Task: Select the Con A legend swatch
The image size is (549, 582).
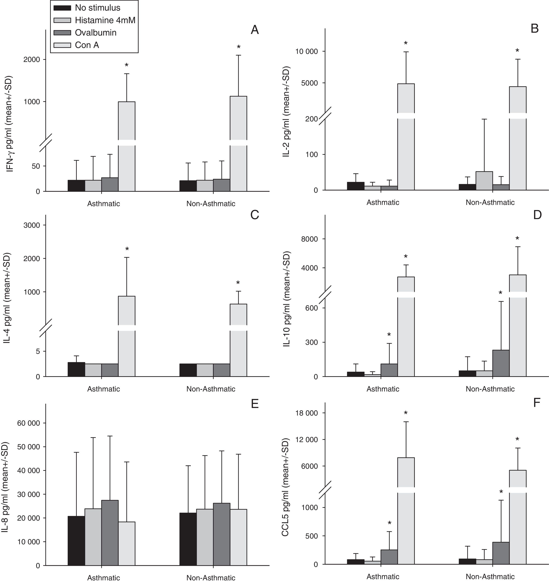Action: point(62,45)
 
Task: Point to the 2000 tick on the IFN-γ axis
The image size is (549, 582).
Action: point(31,59)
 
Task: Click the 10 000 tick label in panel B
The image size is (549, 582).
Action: point(306,52)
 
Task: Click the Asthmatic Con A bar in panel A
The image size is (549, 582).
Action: point(126,147)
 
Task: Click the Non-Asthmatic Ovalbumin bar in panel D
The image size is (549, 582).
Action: point(501,363)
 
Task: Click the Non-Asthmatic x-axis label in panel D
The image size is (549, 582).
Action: point(490,389)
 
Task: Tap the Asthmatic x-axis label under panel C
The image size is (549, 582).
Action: point(104,389)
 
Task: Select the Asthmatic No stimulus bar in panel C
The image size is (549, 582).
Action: point(76,369)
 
